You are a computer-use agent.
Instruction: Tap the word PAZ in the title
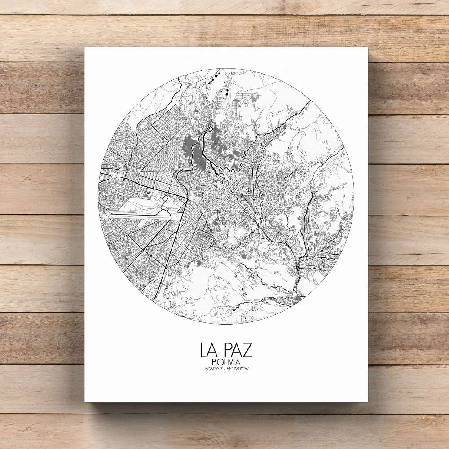tap(238, 350)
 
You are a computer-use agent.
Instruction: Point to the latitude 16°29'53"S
tap(212, 370)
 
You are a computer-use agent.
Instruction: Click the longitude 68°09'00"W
tap(239, 370)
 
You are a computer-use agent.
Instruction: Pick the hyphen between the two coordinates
tap(225, 370)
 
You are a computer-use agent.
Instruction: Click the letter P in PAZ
tap(228, 350)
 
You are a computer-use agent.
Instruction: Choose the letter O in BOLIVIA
tap(218, 362)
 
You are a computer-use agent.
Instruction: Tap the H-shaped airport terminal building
tap(164, 198)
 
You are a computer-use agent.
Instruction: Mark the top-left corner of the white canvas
tap(85, 47)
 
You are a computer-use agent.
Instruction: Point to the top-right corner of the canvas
tap(368, 47)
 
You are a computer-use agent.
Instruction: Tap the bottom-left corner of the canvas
tap(85, 402)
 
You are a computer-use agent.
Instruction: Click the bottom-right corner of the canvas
tap(368, 402)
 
